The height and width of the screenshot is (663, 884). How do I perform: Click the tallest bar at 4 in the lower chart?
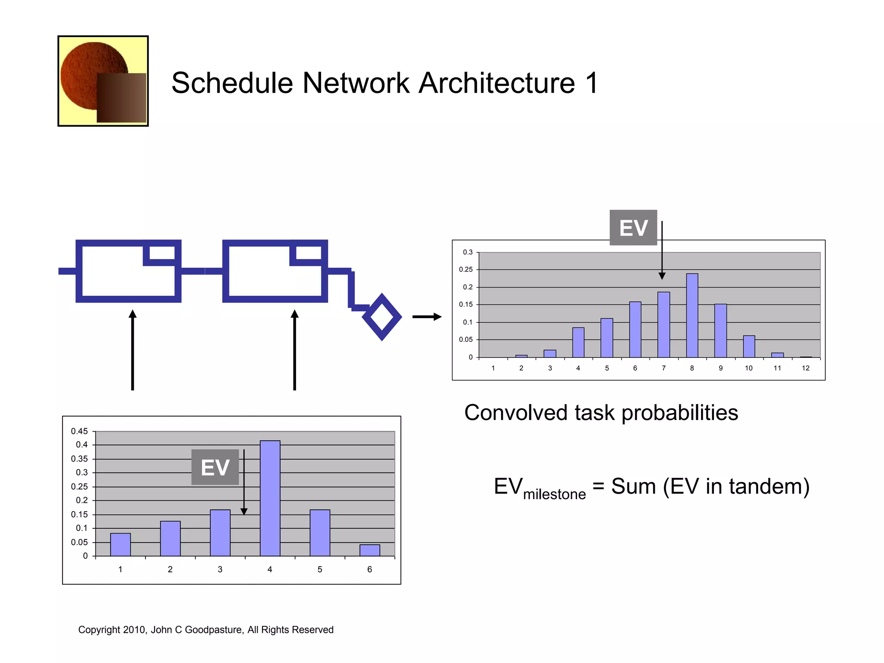point(270,498)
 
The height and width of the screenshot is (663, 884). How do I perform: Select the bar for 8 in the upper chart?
point(692,315)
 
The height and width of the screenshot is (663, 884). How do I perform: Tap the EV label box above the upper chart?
point(633,227)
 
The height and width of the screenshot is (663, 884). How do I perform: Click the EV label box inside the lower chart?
point(215,467)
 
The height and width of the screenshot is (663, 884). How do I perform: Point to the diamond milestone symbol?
point(382,317)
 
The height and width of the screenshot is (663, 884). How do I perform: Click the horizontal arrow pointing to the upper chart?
point(426,317)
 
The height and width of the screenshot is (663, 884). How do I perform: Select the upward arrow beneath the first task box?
point(133,350)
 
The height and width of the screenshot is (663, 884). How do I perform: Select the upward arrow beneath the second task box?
point(295,350)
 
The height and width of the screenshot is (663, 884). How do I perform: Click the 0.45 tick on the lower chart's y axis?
point(79,431)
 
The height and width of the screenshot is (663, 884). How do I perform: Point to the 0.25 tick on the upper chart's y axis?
point(466,269)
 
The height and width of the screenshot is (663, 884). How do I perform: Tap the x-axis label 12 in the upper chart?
point(805,368)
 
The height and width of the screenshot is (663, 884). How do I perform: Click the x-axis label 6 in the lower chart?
point(369,569)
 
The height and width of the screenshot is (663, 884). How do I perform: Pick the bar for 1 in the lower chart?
point(120,544)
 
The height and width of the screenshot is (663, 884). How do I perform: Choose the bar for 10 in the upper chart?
point(749,346)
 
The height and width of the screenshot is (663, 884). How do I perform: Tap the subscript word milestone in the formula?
point(554,494)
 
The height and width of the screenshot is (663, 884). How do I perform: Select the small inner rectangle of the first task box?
point(162,253)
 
